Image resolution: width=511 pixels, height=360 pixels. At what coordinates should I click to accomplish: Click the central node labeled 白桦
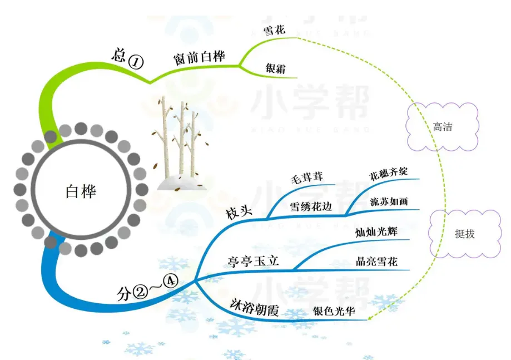click(81, 191)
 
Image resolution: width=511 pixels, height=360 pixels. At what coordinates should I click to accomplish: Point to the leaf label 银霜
click(275, 68)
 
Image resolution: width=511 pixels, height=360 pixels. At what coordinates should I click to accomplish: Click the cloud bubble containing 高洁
click(443, 127)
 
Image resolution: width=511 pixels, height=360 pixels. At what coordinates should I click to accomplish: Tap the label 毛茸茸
click(307, 178)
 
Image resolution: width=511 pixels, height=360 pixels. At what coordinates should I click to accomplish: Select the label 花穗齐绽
click(389, 172)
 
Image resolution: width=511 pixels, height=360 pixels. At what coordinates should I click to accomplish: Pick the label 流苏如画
click(389, 201)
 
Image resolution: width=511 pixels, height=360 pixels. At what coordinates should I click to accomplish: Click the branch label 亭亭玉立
click(253, 262)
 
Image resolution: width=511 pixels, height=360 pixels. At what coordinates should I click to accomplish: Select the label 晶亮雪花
click(377, 262)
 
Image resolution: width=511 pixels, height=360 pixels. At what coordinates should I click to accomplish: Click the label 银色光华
click(335, 312)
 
